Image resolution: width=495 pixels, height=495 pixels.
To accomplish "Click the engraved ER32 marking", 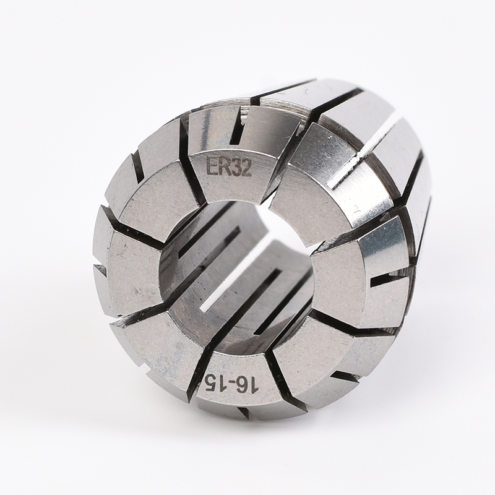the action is click(x=228, y=167).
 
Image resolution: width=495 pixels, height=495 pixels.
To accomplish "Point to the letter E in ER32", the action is click(x=212, y=166).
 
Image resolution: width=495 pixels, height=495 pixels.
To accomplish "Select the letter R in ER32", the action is click(x=223, y=166).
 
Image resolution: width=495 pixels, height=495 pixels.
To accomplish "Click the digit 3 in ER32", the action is click(x=235, y=167).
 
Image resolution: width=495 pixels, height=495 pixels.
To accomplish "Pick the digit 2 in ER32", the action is click(x=246, y=168).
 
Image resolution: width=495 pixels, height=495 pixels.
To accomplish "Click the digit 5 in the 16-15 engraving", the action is click(x=212, y=382).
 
